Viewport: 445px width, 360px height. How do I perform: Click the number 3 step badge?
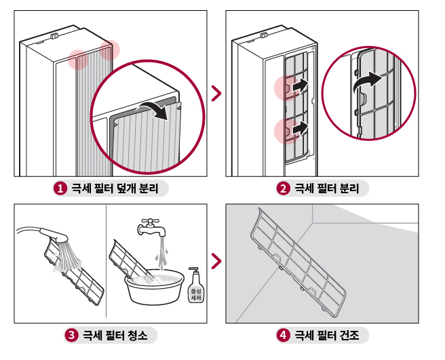[x=71, y=335]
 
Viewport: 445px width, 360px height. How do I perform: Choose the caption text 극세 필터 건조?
[x=327, y=335]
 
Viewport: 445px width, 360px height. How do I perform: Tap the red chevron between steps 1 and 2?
[x=216, y=93]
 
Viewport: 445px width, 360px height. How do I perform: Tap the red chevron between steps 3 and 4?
[x=216, y=260]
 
